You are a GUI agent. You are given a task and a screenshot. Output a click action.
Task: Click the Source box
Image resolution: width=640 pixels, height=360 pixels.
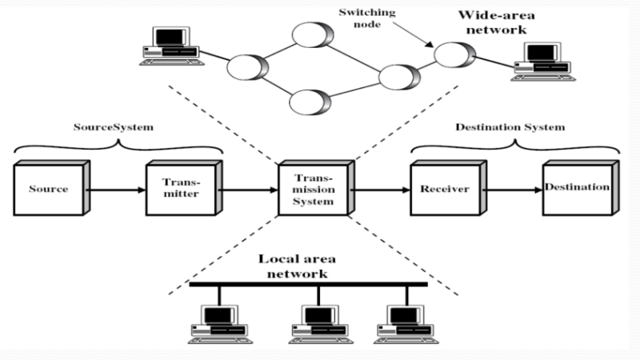click(48, 190)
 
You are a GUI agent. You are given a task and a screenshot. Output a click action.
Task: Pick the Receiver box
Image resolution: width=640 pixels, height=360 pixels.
click(441, 190)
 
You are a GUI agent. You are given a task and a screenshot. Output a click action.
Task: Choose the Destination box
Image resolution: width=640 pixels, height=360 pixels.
click(576, 189)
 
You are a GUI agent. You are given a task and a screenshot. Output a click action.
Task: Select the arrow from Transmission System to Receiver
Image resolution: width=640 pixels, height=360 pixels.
click(378, 190)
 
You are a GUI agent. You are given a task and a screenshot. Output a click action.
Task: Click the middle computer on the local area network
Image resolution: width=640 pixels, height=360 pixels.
click(318, 320)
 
